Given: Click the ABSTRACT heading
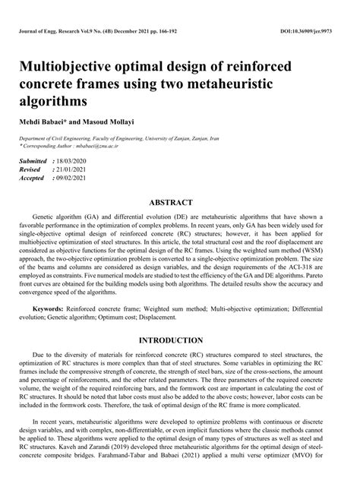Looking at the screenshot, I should (179, 204).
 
